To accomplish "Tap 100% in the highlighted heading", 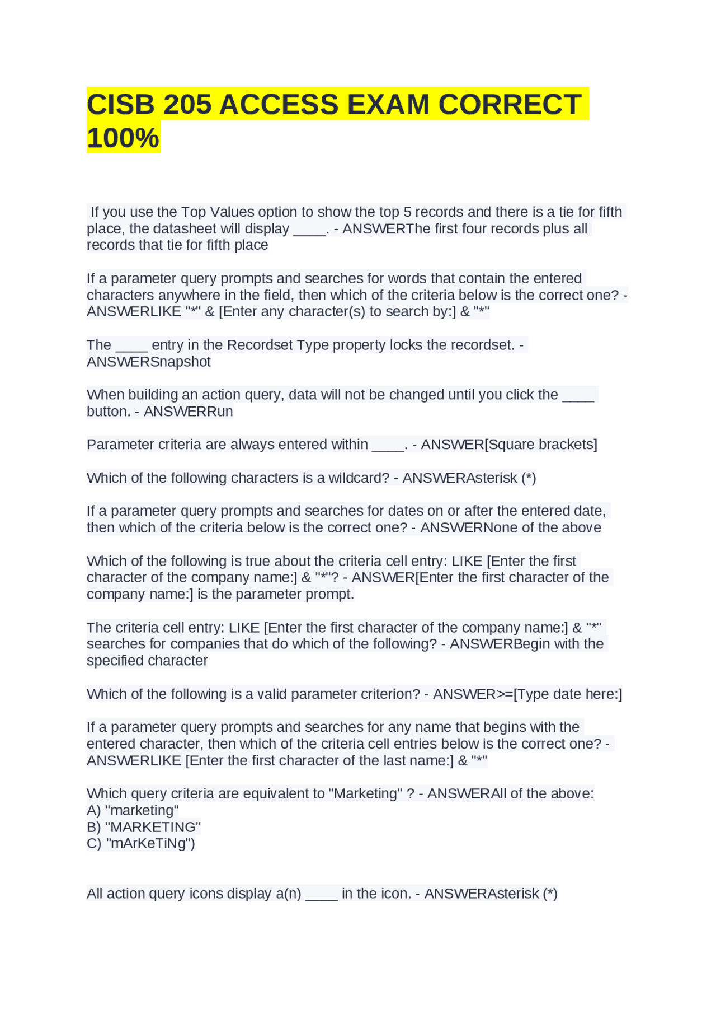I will [x=123, y=138].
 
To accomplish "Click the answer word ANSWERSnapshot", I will [x=148, y=362].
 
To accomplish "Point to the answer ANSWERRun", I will [x=188, y=412].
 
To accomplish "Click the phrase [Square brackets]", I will [x=541, y=445].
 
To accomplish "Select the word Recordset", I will [x=260, y=345].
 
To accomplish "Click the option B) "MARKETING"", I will [x=144, y=827].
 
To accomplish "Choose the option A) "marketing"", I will [x=133, y=810].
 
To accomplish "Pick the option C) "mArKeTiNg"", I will [x=141, y=843].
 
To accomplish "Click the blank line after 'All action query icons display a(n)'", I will [x=322, y=894].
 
